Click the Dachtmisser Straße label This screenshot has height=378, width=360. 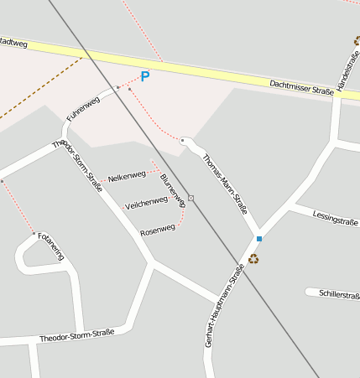click(301, 86)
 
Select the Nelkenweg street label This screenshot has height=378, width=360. click(127, 177)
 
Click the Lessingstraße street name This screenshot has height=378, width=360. click(335, 219)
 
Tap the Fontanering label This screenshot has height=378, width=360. click(51, 246)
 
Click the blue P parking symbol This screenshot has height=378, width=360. click(145, 76)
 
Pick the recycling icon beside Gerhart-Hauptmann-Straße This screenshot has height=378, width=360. click(253, 258)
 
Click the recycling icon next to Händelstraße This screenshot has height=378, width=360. click(357, 40)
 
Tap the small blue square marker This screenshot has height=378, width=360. click(259, 239)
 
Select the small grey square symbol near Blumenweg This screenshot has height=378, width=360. click(191, 198)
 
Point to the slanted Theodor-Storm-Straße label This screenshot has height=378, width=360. click(77, 165)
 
